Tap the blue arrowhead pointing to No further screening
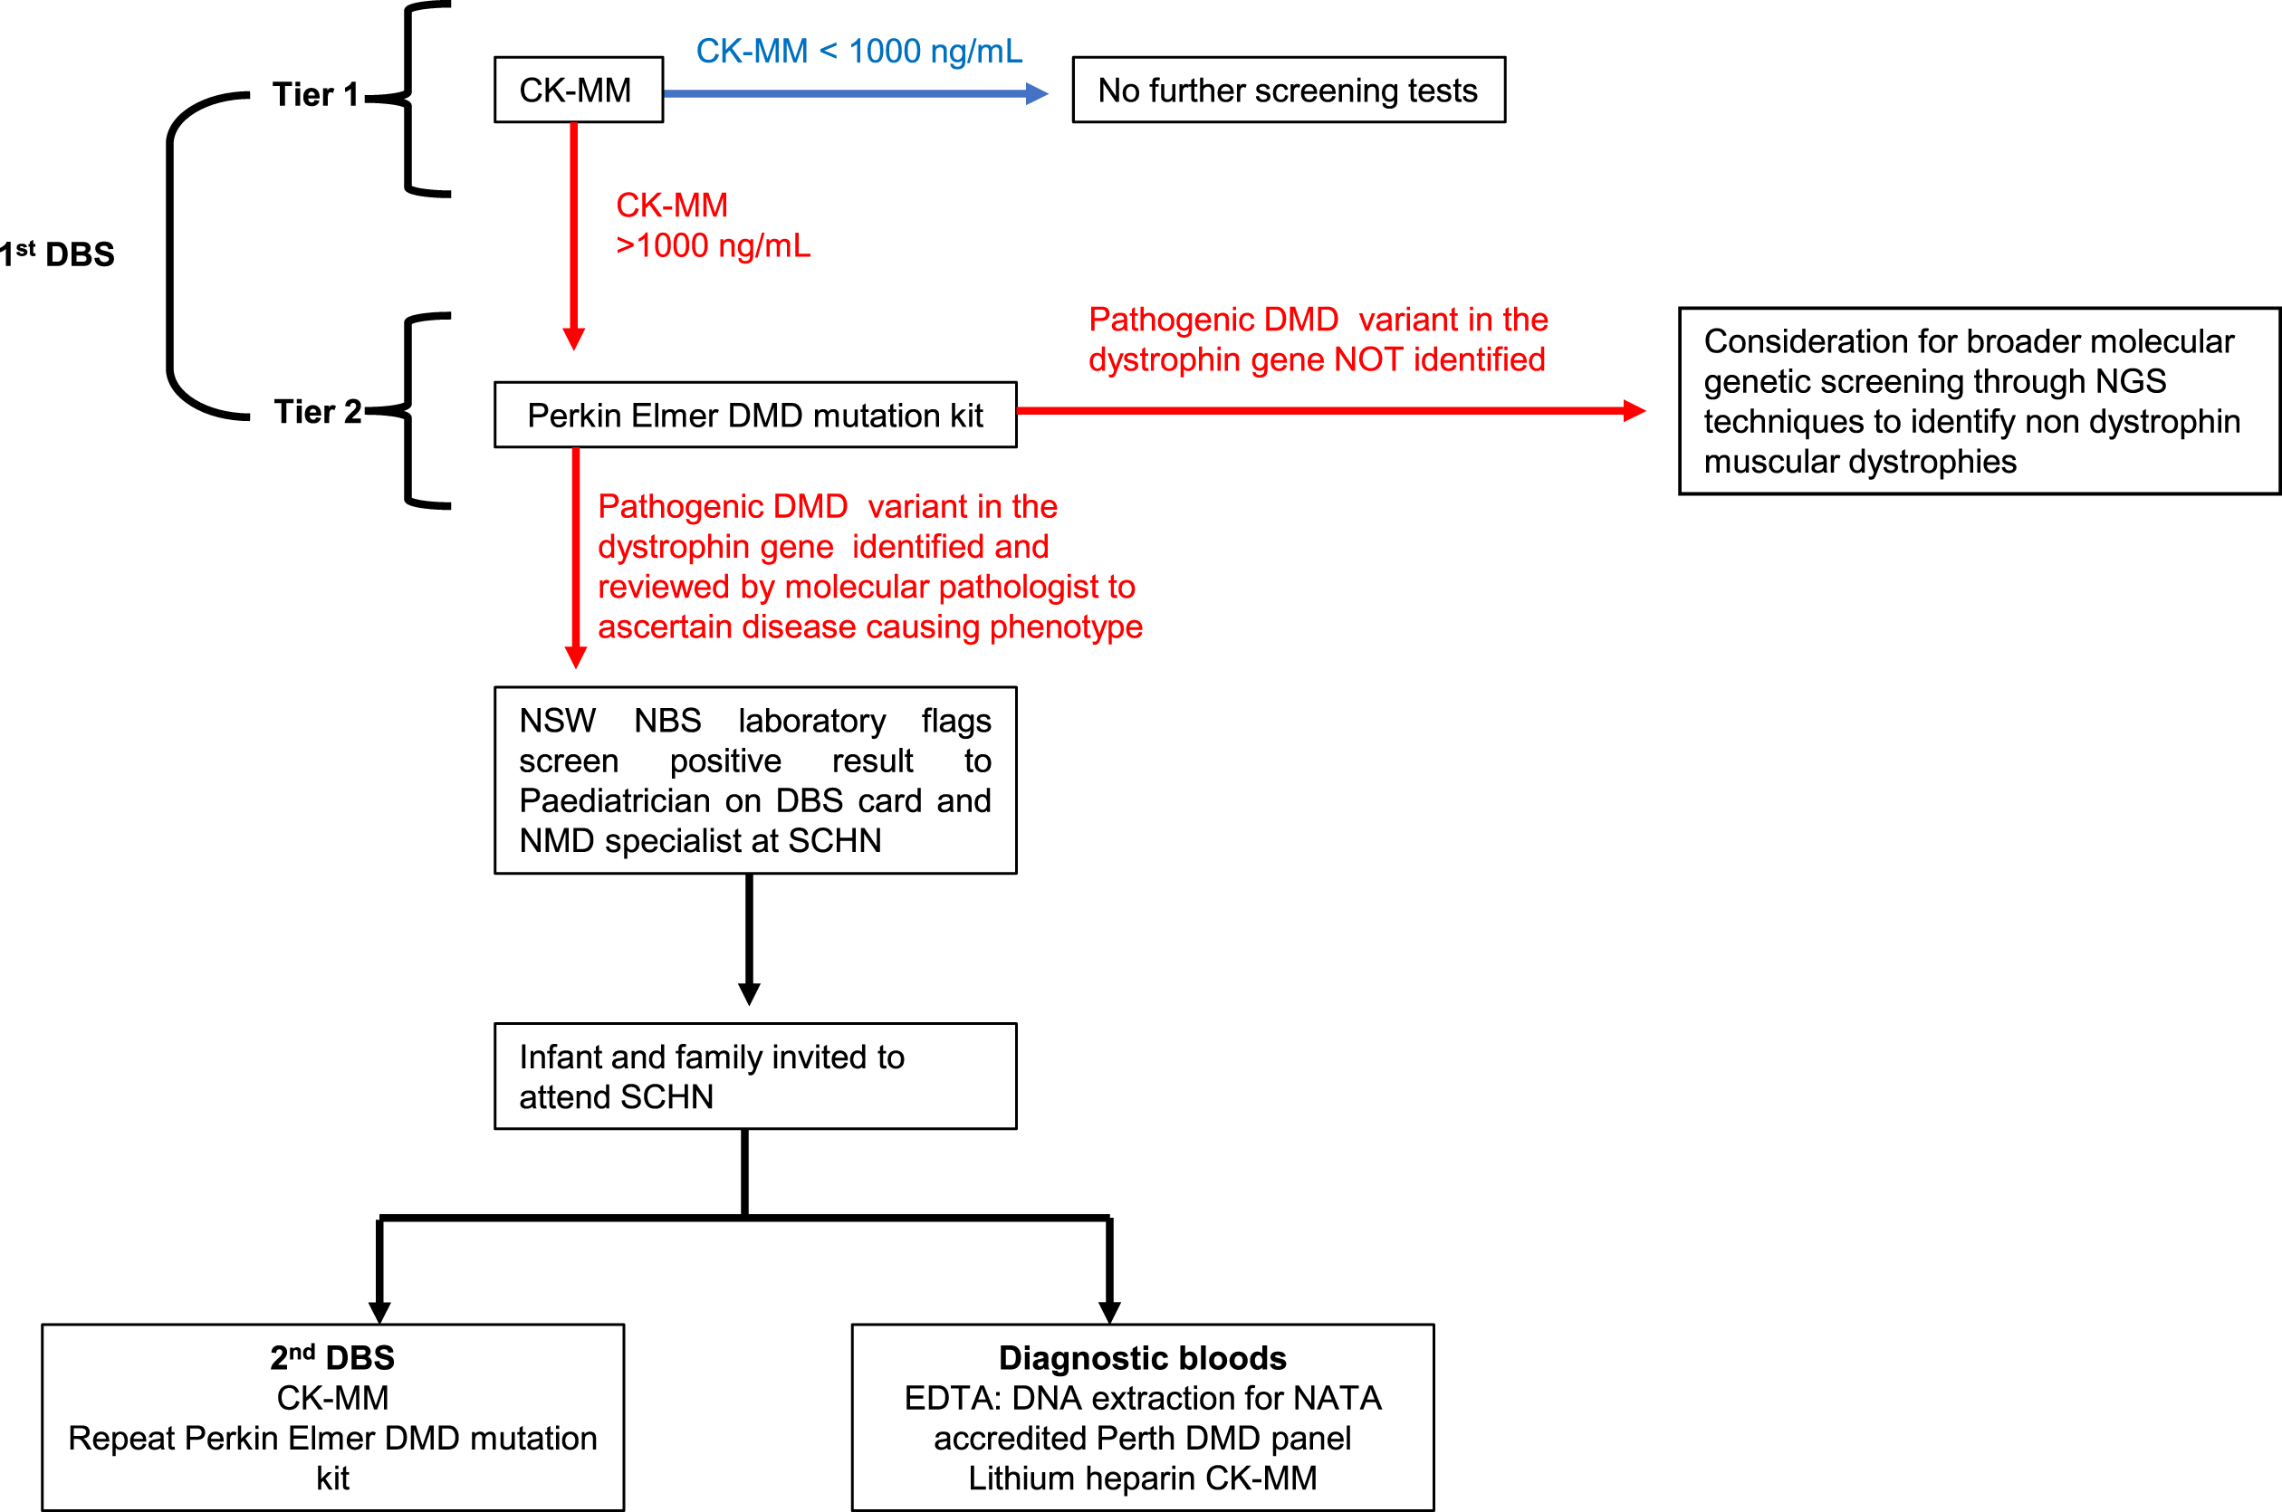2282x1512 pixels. pyautogui.click(x=1037, y=93)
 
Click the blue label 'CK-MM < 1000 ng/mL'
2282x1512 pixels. pyautogui.click(x=859, y=51)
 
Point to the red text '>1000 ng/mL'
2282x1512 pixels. pyautogui.click(x=713, y=246)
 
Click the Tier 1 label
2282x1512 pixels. pyautogui.click(x=315, y=94)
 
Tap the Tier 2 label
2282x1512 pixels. pyautogui.click(x=317, y=412)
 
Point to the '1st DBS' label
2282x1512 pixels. pyautogui.click(x=57, y=254)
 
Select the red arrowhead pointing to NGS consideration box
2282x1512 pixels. pyautogui.click(x=1634, y=411)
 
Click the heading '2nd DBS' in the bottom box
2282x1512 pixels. pyautogui.click(x=331, y=1358)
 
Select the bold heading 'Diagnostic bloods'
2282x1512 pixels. pyautogui.click(x=1142, y=1358)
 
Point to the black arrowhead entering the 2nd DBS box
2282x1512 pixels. pyautogui.click(x=380, y=1313)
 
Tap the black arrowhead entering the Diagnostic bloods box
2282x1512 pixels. pyautogui.click(x=1109, y=1313)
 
